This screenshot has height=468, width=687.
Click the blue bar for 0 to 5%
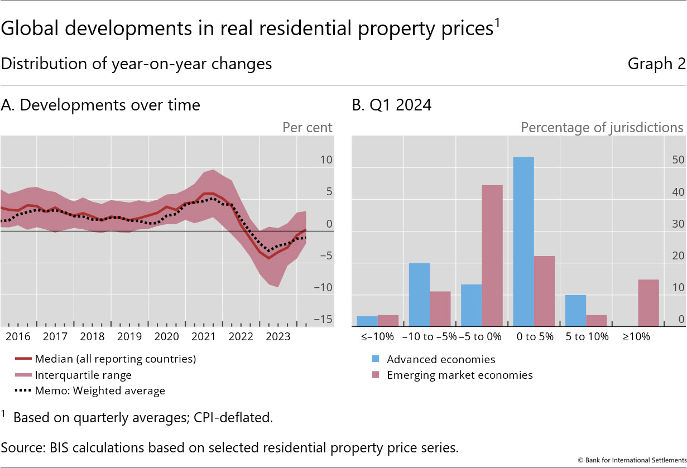(523, 242)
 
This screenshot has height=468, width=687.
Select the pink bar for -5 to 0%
(492, 255)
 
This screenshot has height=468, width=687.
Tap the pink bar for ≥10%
(648, 303)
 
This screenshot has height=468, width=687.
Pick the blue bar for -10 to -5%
(420, 295)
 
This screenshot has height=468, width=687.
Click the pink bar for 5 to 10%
(597, 321)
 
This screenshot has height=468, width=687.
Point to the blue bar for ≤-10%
(367, 321)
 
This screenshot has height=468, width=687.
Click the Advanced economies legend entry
(441, 359)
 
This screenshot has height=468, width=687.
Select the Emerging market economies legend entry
(460, 375)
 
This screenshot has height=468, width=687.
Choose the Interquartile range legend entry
(83, 375)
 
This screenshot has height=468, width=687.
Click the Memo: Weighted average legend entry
(100, 390)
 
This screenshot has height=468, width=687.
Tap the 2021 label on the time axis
(204, 337)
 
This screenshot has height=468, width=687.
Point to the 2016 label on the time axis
(18, 337)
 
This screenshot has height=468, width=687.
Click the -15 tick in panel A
(323, 320)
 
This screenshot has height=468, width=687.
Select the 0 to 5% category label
(534, 337)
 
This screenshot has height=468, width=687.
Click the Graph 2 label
(656, 64)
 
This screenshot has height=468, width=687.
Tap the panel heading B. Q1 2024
(392, 105)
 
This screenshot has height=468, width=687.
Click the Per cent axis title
(307, 127)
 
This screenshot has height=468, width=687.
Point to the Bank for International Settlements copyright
(631, 460)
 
